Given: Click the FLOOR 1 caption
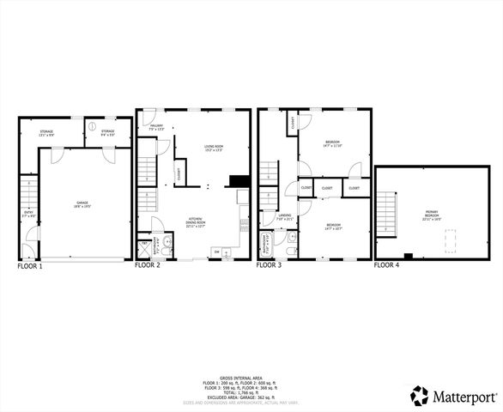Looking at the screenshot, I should [x=29, y=267].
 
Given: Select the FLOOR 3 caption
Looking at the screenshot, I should [x=270, y=266].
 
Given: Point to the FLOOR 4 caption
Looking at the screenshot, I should [x=386, y=266].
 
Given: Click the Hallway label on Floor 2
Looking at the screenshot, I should [x=156, y=128].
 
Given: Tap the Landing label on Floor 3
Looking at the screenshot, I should [x=286, y=217].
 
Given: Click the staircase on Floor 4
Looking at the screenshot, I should [x=387, y=215].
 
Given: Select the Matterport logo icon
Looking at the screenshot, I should [x=420, y=396].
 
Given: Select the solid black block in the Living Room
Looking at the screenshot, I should [x=239, y=182].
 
